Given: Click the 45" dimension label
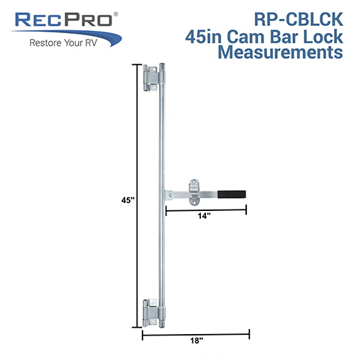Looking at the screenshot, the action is [x=127, y=200].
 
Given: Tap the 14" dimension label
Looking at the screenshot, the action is [x=204, y=216].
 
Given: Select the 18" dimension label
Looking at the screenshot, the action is [x=197, y=341].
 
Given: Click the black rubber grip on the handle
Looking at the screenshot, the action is [x=232, y=194].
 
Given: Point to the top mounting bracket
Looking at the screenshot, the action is [x=150, y=78].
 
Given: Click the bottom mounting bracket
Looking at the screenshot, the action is [x=150, y=313].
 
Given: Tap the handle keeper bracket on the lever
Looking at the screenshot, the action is [x=194, y=192].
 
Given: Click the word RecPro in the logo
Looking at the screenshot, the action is [x=63, y=20].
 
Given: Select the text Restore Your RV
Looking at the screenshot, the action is [x=63, y=43].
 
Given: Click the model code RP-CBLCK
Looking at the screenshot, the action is [x=299, y=19].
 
